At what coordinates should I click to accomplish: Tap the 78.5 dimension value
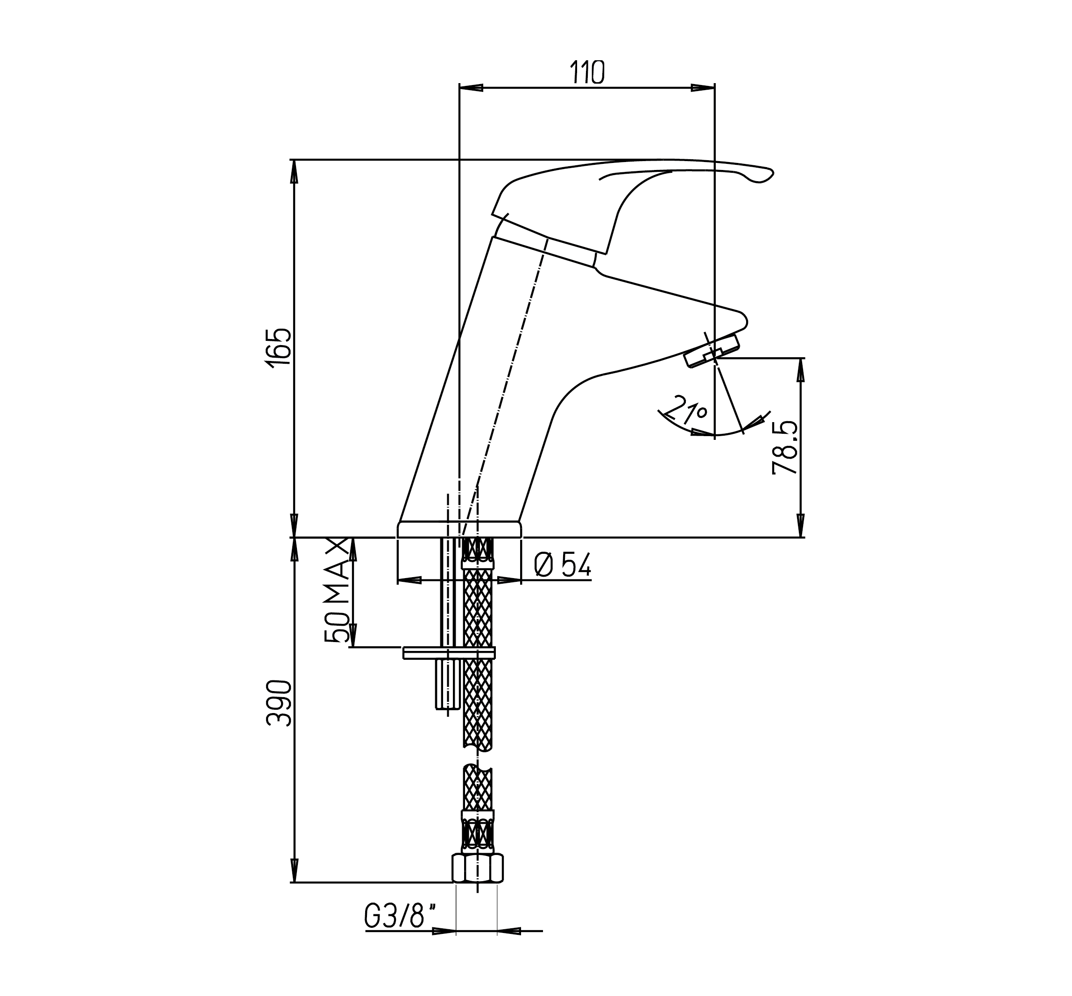(785, 448)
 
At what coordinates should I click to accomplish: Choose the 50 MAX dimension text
(337, 590)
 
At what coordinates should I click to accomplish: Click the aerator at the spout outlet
(712, 350)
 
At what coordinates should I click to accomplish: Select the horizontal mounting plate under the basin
(448, 653)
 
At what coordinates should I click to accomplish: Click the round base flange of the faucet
(459, 529)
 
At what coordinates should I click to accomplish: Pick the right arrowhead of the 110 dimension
(703, 88)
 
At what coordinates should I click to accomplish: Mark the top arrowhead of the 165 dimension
(294, 172)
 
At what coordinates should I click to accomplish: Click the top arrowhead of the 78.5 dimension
(801, 370)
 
